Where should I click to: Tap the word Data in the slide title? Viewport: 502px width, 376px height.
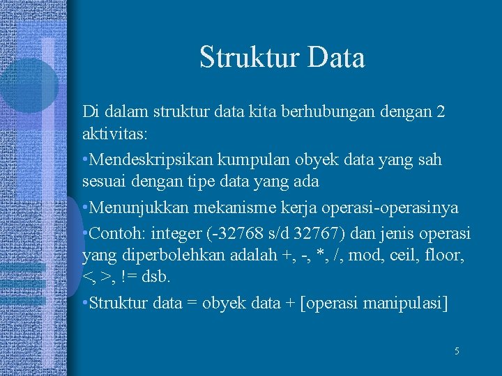pos(333,58)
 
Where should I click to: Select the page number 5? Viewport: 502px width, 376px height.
pos(457,352)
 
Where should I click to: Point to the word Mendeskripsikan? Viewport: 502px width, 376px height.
pos(149,159)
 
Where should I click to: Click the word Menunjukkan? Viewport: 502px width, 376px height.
pos(133,207)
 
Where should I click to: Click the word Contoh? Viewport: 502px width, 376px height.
pos(110,232)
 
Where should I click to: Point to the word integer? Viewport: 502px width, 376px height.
pos(167,232)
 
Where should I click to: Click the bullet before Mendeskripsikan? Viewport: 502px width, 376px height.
pos(85,160)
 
